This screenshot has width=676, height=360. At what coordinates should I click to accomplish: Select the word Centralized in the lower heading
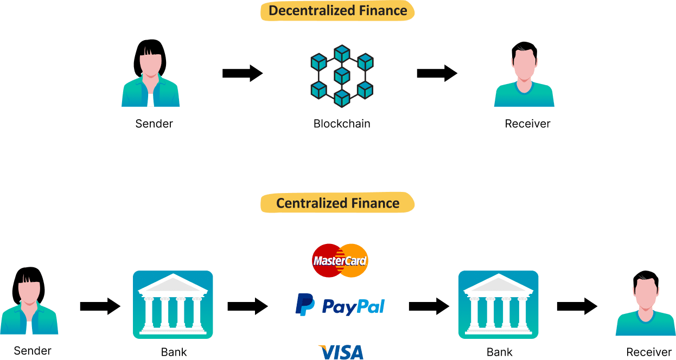[307, 203]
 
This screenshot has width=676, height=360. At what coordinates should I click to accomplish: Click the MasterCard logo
[340, 261]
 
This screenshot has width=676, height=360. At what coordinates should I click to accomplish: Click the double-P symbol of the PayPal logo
[304, 304]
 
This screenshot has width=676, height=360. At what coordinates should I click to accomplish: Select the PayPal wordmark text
[353, 306]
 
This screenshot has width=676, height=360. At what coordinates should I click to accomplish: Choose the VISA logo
[341, 352]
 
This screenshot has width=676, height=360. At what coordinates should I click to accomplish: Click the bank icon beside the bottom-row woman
[173, 305]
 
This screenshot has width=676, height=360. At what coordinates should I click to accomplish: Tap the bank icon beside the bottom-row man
[498, 305]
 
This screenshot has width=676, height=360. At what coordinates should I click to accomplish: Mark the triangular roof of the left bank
[173, 284]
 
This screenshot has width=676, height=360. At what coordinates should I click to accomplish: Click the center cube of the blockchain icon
[341, 75]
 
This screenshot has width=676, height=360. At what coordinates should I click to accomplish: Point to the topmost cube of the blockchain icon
[341, 54]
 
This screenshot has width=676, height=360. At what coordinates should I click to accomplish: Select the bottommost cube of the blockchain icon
[341, 98]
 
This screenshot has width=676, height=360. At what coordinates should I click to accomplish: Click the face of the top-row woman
[151, 65]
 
